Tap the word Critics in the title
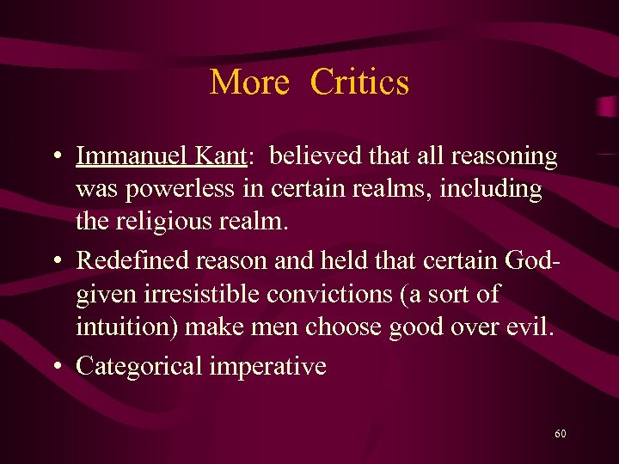pyautogui.click(x=359, y=82)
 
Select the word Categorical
pyautogui.click(x=138, y=366)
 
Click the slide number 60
pyautogui.click(x=561, y=434)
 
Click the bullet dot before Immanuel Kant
pyautogui.click(x=55, y=157)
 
